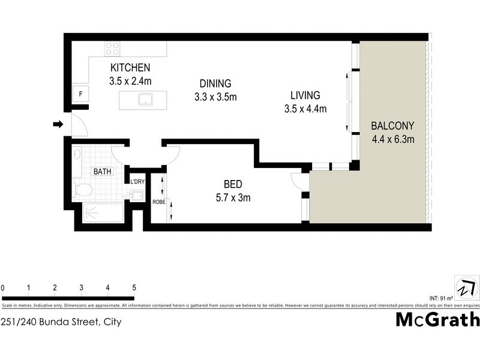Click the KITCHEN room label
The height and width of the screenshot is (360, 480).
click(130, 68)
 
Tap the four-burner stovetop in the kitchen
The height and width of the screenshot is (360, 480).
click(112, 49)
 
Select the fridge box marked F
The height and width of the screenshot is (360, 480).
click(80, 94)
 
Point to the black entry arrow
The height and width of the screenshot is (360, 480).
click(58, 124)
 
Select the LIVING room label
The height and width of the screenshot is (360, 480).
click(305, 95)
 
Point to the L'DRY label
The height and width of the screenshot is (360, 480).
click(137, 181)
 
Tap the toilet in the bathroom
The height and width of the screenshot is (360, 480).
click(83, 191)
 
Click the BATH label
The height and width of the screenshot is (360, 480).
click(101, 172)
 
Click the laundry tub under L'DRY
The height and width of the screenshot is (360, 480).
click(136, 194)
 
